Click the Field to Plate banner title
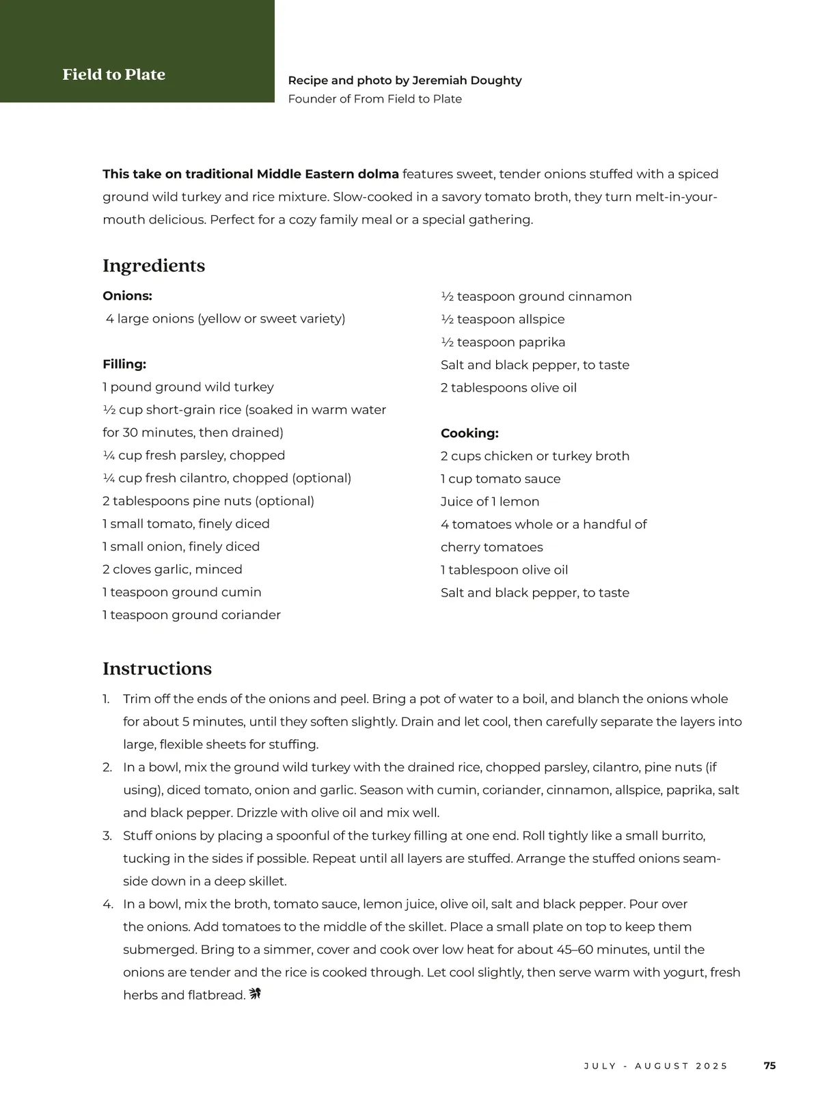pos(113,74)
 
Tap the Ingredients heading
pos(154,266)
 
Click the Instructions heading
pos(157,668)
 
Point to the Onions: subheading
pos(127,296)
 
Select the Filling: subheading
pos(124,364)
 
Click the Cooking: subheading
pos(469,433)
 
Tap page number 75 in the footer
pos(769,1066)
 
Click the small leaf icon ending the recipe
pos(256,993)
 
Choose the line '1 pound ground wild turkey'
pos(188,387)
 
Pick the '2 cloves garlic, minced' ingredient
pos(172,570)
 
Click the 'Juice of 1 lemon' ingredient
pos(490,501)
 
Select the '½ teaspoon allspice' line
pos(502,319)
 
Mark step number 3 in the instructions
pos(107,836)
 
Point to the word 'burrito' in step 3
pos(682,836)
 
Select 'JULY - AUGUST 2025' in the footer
pos(656,1066)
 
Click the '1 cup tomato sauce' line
pos(500,479)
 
